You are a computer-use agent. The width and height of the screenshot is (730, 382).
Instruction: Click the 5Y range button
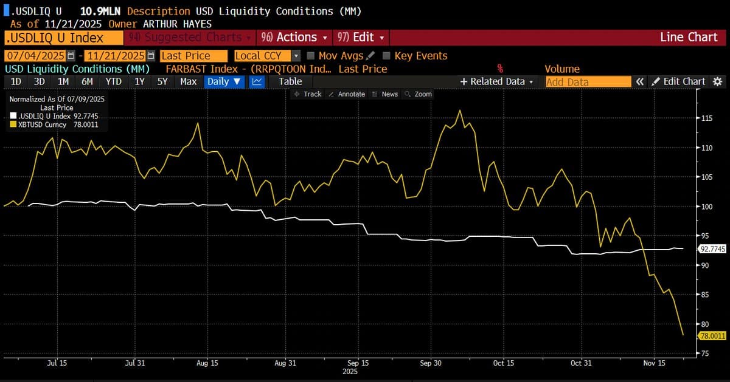coord(162,81)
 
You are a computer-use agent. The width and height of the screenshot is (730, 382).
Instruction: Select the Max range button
coord(189,81)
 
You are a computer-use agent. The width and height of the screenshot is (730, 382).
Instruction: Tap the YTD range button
coord(113,81)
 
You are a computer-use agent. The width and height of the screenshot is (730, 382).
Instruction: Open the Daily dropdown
coord(224,81)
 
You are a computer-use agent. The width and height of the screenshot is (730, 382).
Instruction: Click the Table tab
coord(290,81)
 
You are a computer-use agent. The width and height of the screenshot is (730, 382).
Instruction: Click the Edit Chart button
coord(678,81)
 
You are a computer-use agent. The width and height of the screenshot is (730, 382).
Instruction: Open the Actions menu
coord(294,37)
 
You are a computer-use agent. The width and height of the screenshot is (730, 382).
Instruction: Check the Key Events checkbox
coord(386,56)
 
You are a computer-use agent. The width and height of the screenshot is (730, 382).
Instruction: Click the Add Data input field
coord(588,81)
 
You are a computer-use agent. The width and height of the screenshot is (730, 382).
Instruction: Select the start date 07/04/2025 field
coord(35,56)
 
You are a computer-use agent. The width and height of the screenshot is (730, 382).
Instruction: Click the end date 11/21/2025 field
coord(116,56)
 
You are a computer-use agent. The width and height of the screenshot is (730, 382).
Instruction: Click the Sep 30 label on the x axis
coord(431,363)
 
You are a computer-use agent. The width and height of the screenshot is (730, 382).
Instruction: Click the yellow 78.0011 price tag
coord(712,335)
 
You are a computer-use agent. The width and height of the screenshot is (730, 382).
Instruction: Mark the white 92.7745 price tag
coord(712,249)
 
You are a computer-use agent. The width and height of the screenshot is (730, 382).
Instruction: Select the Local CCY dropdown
coord(266,56)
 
